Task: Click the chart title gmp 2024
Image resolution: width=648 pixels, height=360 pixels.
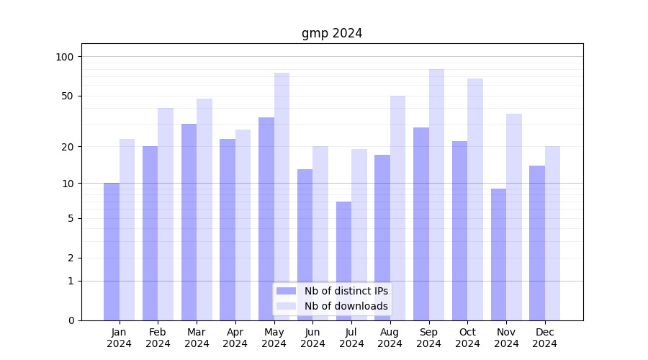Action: (x=331, y=33)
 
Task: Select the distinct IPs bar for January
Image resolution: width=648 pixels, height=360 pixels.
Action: (x=112, y=251)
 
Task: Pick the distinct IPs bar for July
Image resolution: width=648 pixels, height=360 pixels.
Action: (x=343, y=261)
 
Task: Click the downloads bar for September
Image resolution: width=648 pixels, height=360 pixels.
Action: (x=436, y=194)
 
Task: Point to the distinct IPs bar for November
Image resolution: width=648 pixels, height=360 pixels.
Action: (x=498, y=254)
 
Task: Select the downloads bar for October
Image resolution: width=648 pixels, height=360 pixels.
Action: (x=475, y=199)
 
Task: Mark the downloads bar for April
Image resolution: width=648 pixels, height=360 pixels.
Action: (x=243, y=225)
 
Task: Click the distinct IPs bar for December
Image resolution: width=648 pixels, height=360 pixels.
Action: (x=537, y=243)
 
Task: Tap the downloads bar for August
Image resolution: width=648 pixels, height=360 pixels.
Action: (x=397, y=208)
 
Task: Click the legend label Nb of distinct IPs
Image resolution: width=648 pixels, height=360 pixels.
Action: (x=346, y=291)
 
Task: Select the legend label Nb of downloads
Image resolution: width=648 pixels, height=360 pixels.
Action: (x=346, y=306)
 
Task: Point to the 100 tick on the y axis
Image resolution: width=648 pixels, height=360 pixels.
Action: (x=65, y=57)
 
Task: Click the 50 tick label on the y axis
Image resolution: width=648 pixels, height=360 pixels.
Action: (x=67, y=96)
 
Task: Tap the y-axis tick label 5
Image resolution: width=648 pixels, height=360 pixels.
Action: (x=70, y=218)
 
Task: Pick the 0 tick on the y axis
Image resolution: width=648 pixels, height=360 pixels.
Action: (x=70, y=320)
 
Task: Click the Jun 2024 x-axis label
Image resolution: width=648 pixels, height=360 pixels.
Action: (x=312, y=338)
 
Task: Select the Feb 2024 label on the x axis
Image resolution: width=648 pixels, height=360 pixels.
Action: (x=158, y=338)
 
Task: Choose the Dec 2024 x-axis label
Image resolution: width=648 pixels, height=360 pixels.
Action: (x=544, y=338)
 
